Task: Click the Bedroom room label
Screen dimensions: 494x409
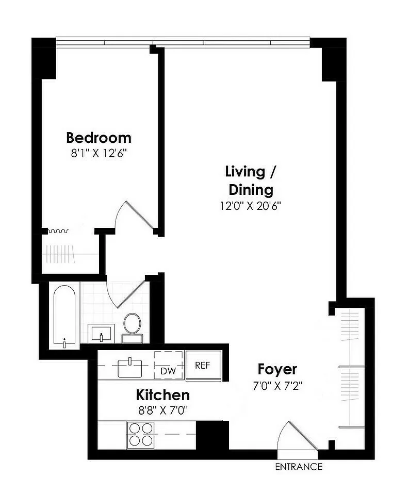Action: point(99,138)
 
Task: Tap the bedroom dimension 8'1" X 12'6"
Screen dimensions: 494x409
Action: point(99,153)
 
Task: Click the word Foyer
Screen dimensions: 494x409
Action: point(277,369)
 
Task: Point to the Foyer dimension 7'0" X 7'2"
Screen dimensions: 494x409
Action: point(277,385)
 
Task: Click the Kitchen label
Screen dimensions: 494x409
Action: point(162,395)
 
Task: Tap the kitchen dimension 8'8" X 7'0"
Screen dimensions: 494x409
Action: point(162,410)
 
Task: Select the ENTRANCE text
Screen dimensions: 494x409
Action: point(299,467)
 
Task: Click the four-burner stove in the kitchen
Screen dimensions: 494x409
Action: point(141,434)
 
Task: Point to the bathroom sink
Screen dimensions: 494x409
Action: point(101,333)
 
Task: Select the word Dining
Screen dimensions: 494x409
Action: point(251,189)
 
